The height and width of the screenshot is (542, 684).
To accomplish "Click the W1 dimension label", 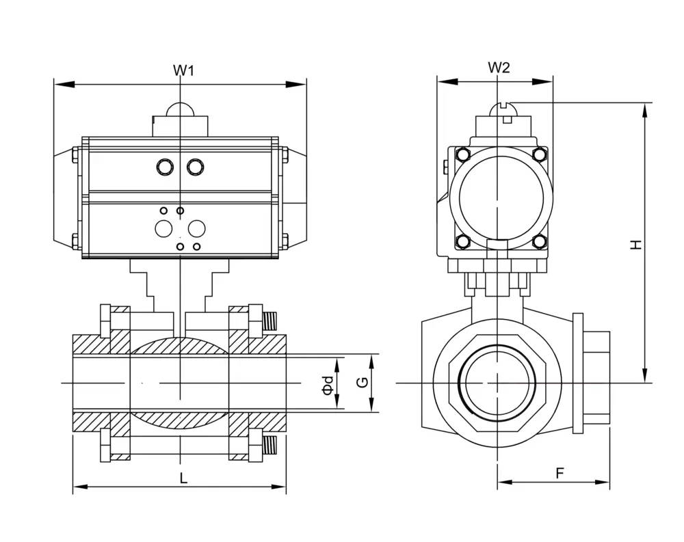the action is [x=183, y=70].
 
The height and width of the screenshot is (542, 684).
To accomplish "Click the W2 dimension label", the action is [x=499, y=68].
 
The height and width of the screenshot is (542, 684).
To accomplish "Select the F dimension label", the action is [x=560, y=473].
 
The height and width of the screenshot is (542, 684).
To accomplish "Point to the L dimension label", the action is [x=183, y=478].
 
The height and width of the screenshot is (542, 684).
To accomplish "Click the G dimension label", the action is [x=363, y=383].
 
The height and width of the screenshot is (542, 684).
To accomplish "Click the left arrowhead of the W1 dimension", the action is [x=64, y=84].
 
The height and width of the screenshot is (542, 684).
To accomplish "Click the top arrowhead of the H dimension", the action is [x=645, y=113].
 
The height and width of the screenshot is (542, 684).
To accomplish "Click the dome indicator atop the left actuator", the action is [x=180, y=109].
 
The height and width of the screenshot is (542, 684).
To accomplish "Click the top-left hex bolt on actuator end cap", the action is [x=462, y=154].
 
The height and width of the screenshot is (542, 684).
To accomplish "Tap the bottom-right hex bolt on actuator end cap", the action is [x=540, y=241].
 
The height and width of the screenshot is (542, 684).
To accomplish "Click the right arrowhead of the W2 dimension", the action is [x=543, y=81].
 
